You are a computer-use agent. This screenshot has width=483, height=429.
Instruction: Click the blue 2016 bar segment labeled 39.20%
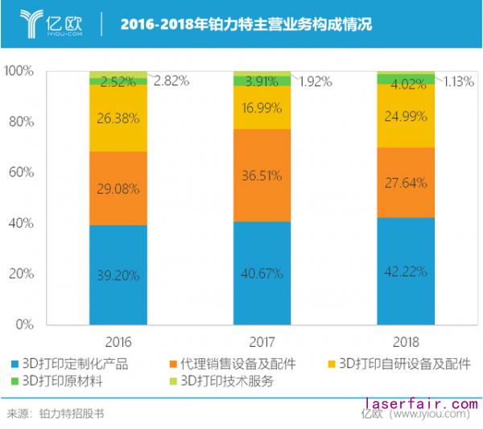[118, 274]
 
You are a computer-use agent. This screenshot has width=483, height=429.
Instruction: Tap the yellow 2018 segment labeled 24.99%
[406, 115]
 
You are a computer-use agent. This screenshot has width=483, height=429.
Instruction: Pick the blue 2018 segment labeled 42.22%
[406, 270]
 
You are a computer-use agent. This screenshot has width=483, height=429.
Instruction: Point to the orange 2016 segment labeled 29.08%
[118, 188]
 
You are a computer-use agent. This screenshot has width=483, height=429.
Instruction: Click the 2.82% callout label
[171, 80]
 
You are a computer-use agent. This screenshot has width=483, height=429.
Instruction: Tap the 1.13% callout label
[458, 80]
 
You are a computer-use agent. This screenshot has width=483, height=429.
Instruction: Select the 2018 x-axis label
[406, 340]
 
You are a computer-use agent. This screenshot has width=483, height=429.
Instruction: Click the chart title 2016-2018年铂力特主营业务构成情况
[246, 24]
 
